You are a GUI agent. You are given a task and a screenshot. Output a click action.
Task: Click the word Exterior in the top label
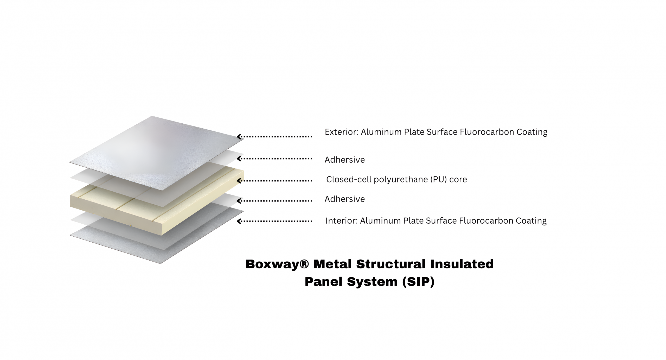tap(341, 132)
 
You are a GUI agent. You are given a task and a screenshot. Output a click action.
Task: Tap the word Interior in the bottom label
tap(341, 221)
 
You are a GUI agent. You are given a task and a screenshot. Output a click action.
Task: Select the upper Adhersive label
tap(345, 160)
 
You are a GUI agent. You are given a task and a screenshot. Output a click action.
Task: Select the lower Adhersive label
tap(345, 199)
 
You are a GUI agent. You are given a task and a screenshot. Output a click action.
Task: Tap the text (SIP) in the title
tap(418, 282)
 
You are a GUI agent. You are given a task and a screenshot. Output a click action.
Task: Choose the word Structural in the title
tap(392, 264)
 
